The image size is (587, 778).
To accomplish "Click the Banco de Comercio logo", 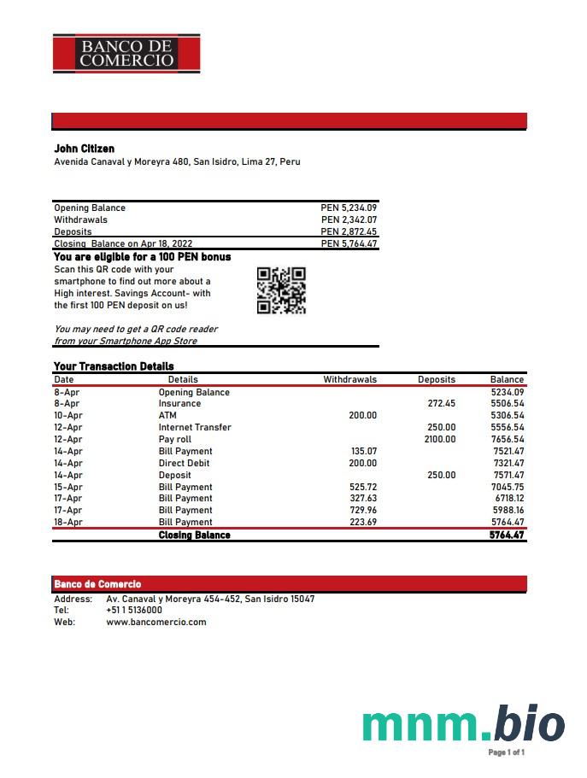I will (x=126, y=53).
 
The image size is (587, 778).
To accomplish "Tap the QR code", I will (x=281, y=290).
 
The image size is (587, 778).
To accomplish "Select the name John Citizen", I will (x=84, y=149).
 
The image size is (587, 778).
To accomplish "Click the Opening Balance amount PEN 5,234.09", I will (x=349, y=208).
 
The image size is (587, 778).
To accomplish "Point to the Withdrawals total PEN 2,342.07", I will (x=349, y=219).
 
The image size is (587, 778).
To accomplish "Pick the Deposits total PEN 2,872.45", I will (x=349, y=231).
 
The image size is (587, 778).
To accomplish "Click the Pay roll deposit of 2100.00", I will (x=440, y=439).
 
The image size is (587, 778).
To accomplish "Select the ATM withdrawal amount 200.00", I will (x=362, y=415).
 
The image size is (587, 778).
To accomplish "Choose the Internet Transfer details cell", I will (x=195, y=427).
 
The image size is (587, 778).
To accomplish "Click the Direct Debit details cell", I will (x=184, y=463).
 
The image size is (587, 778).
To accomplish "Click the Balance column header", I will (x=507, y=379).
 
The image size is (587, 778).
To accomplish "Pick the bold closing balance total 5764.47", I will (x=506, y=535).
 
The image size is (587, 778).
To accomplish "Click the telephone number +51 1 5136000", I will (x=134, y=611).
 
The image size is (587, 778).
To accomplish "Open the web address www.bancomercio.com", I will (x=156, y=622).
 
